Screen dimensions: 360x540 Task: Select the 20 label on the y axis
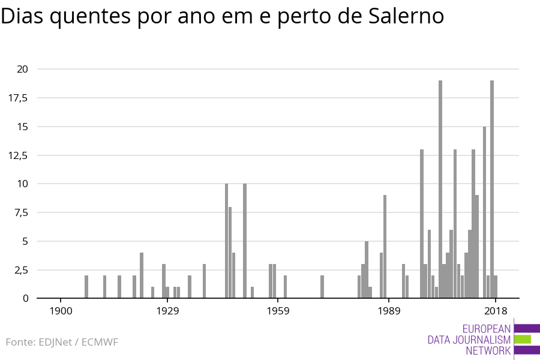(22, 69)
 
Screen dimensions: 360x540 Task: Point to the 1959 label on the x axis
(278, 311)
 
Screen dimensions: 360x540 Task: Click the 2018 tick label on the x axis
(496, 311)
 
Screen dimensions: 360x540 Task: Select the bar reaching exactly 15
(485, 212)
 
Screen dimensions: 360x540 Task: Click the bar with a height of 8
(230, 253)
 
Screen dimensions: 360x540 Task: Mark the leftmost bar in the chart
(86, 287)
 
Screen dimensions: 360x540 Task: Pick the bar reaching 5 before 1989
(367, 269)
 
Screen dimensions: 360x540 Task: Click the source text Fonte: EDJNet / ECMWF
(62, 342)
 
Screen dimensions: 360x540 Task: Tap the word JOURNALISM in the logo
(469, 340)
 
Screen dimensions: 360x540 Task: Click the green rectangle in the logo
(523, 339)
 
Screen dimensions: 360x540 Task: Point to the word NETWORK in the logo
(488, 350)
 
